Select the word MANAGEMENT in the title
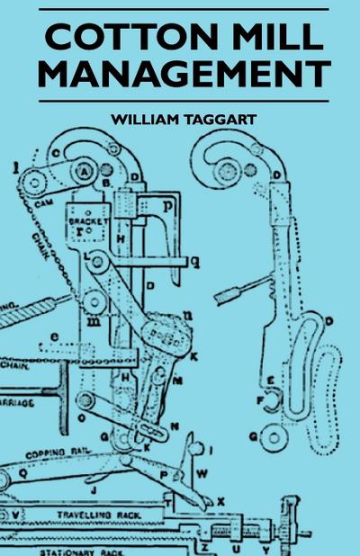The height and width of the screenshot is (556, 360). point(184,74)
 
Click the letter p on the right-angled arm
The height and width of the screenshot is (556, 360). point(170,206)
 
